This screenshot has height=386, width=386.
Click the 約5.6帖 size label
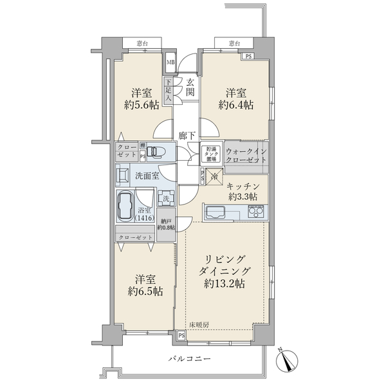(142, 106)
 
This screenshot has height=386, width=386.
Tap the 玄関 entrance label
(190, 87)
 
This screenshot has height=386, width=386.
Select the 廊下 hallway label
(188, 136)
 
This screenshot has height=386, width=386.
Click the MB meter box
(170, 62)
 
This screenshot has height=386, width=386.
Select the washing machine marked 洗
(166, 199)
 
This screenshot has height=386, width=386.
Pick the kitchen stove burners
(254, 212)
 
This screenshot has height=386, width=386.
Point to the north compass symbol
(287, 358)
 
